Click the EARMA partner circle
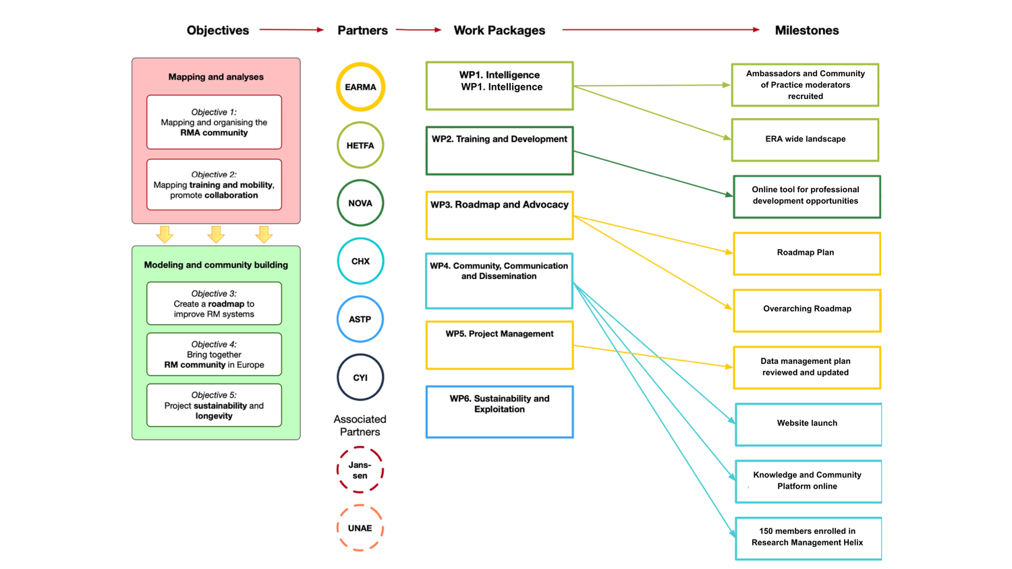360,87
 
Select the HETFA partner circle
360,145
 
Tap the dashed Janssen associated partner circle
360,470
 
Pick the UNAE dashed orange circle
360,528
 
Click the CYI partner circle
360,378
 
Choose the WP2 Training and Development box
499,150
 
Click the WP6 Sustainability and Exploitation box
499,412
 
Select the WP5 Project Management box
499,345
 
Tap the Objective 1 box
214,122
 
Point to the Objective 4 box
214,355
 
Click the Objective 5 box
214,405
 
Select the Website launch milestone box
808,424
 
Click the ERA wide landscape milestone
805,140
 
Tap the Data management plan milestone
806,367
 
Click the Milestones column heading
806,30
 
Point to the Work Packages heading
499,30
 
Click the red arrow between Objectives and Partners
291,30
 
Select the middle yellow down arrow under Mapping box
216,235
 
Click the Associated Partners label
360,425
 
